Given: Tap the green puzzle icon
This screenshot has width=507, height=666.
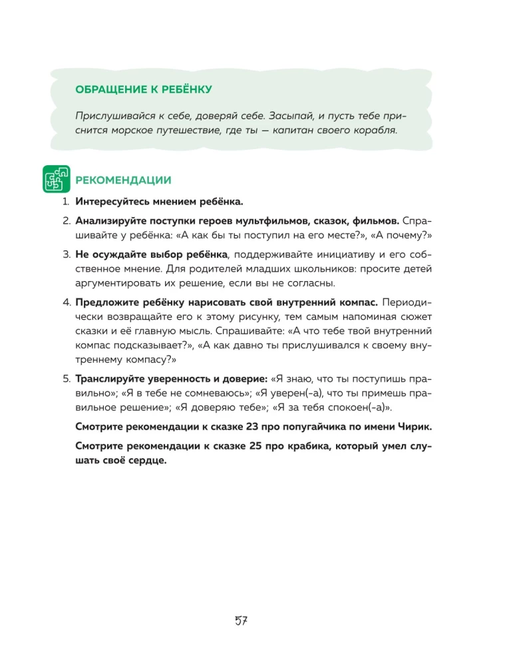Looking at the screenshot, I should click(x=57, y=179).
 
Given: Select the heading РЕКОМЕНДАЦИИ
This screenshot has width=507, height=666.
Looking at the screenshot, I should click(x=124, y=180).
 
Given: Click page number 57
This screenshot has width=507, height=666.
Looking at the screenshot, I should click(x=241, y=621).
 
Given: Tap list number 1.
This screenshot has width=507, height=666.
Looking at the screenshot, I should click(x=66, y=202).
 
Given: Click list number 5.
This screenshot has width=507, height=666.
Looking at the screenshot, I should click(x=66, y=379).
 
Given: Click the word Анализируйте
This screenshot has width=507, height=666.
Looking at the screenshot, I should click(x=109, y=220).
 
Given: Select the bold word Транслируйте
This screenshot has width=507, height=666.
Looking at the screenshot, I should click(x=110, y=379).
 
